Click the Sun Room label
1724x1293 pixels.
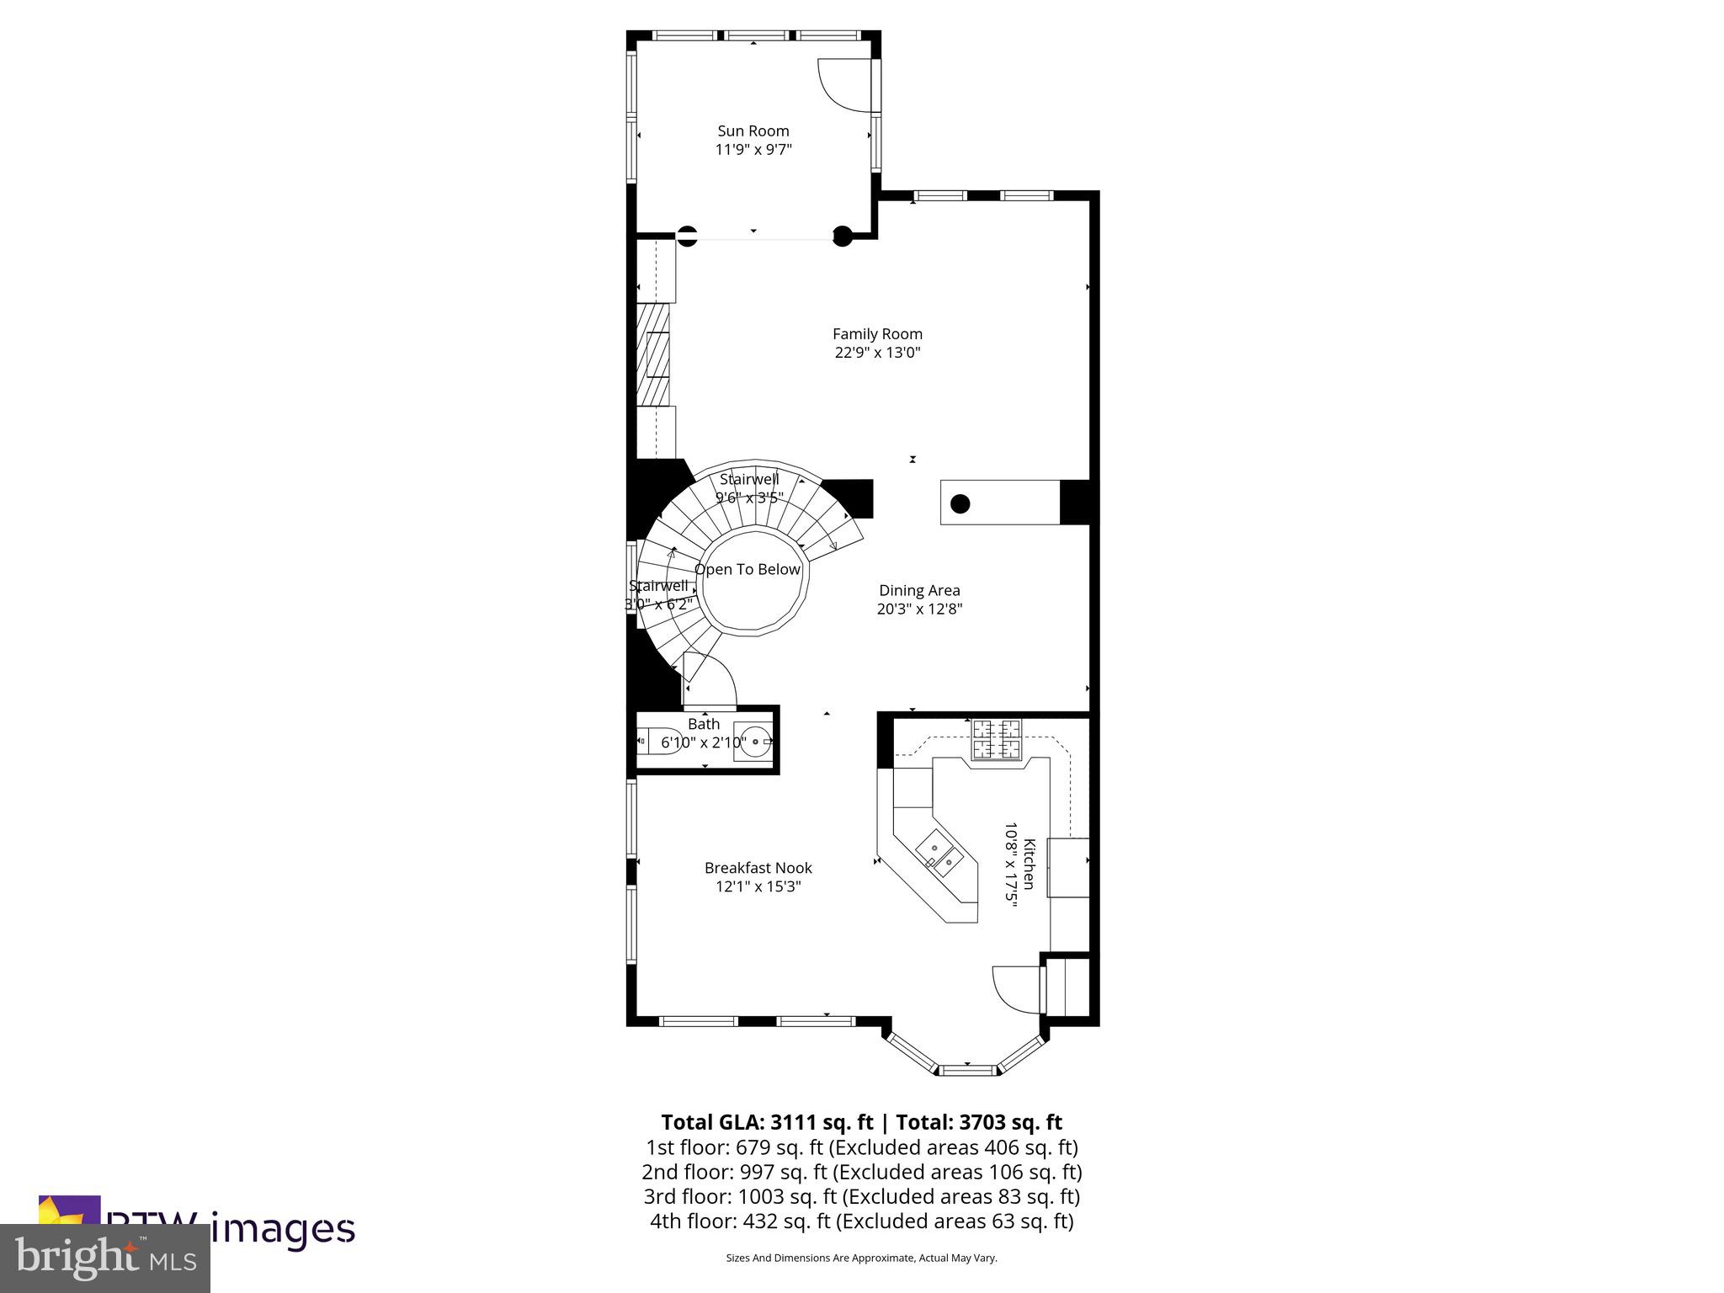pos(753,130)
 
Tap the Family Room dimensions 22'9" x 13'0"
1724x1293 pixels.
pos(877,353)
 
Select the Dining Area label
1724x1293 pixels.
pos(919,590)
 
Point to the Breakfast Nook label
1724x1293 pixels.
pos(758,868)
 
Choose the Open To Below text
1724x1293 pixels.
pos(748,570)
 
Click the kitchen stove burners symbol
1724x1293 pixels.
pos(997,739)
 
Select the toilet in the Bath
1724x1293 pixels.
pos(657,742)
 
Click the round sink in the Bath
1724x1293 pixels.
pos(753,742)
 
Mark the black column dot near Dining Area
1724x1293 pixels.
pos(960,504)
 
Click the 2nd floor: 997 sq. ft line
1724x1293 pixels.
pos(861,1172)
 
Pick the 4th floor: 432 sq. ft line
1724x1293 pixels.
pos(861,1221)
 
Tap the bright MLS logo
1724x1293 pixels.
pos(105,1258)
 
